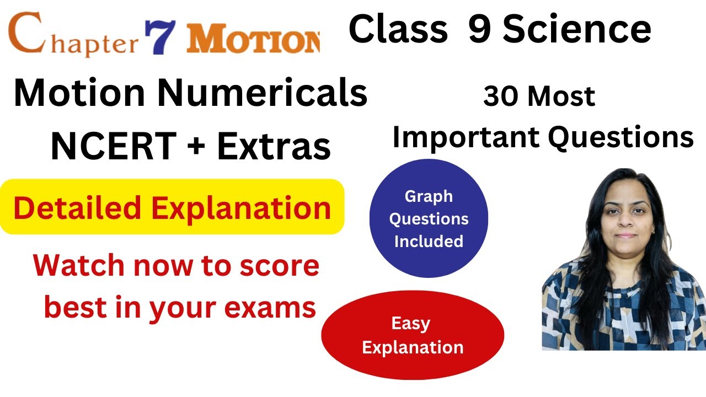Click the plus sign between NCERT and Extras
pyautogui.click(x=194, y=147)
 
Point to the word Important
pyautogui.click(x=466, y=137)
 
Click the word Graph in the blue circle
pyautogui.click(x=429, y=196)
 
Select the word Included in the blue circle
pyautogui.click(x=429, y=241)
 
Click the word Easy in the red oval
pyautogui.click(x=410, y=324)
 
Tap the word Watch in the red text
pyautogui.click(x=78, y=266)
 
